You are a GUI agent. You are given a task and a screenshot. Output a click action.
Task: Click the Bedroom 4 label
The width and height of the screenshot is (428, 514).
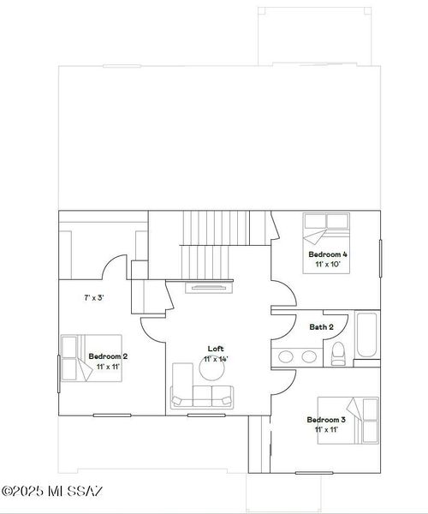[328, 254]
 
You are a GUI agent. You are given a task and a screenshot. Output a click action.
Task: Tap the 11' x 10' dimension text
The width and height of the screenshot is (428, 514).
[328, 266]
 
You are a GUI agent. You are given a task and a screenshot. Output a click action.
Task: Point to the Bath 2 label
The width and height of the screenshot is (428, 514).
[322, 326]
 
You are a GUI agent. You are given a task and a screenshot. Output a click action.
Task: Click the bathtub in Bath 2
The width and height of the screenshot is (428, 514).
[366, 338]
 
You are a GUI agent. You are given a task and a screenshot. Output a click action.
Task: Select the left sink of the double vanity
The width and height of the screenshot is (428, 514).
[286, 356]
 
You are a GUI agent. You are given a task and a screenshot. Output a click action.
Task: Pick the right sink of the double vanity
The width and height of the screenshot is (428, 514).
[307, 356]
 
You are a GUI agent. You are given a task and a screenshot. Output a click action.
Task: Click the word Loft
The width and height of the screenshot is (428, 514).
[216, 349]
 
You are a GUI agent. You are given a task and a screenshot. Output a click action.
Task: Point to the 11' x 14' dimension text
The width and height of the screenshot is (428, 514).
[216, 360]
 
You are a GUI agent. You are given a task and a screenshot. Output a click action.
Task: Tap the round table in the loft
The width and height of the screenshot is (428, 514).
[211, 368]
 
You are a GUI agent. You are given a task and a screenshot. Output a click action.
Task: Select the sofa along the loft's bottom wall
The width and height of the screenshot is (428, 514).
[202, 396]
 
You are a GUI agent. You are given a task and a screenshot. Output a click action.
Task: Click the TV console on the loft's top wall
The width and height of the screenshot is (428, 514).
[206, 287]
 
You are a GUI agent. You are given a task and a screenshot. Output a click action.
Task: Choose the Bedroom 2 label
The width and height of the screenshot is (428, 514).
[108, 356]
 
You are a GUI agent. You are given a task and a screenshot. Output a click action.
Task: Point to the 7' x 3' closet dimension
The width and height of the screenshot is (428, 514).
[93, 298]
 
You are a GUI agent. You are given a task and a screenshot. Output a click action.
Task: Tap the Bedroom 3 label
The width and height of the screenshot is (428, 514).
[326, 420]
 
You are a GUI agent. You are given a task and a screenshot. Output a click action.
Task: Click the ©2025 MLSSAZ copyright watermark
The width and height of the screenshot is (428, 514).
[52, 491]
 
